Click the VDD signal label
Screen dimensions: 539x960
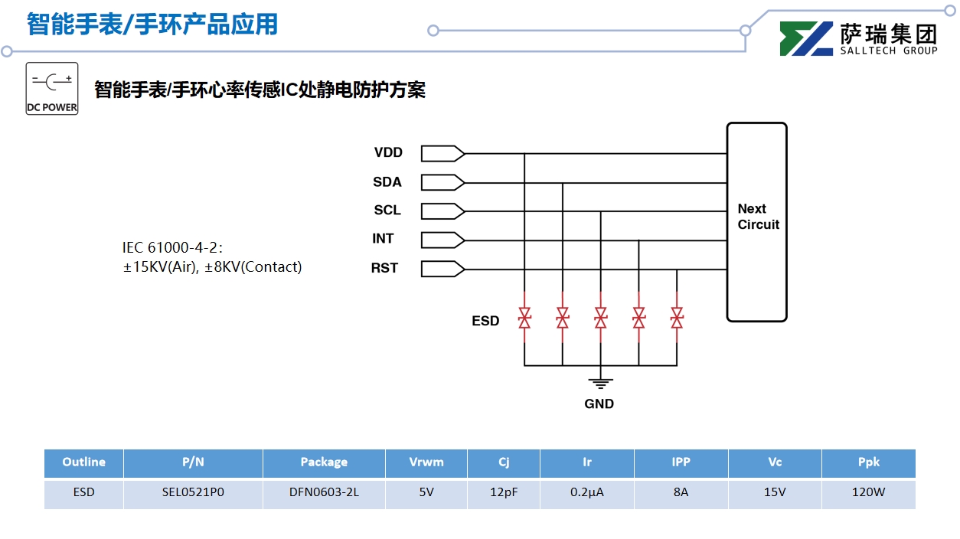click(388, 152)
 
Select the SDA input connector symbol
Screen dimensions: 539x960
click(442, 182)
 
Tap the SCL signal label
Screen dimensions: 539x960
click(387, 210)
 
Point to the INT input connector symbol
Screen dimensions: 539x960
click(442, 240)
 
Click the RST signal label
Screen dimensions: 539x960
click(384, 268)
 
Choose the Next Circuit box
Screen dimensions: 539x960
click(756, 221)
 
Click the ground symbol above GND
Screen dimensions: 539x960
click(600, 382)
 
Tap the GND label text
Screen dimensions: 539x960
click(599, 403)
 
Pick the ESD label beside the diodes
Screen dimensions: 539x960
click(485, 321)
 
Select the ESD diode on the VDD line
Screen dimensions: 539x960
click(524, 317)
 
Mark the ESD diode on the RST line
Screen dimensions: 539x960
click(677, 317)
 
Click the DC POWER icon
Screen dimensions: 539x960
click(52, 89)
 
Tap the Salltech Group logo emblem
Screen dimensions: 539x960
click(805, 39)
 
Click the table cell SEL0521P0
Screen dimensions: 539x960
click(193, 492)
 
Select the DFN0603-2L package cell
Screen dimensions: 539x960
click(324, 492)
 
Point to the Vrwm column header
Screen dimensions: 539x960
click(426, 462)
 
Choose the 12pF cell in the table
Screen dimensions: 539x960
click(504, 492)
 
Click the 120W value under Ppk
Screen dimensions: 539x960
click(868, 492)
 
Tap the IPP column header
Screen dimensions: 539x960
click(681, 462)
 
